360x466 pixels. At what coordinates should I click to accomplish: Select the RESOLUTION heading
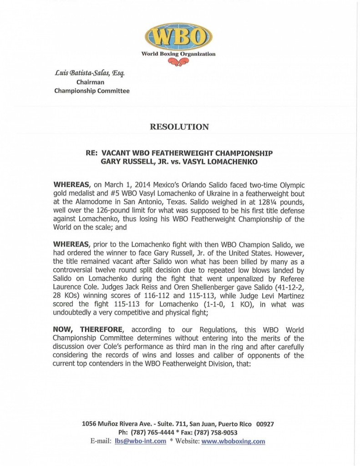179,127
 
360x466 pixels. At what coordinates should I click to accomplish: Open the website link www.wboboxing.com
233,441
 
